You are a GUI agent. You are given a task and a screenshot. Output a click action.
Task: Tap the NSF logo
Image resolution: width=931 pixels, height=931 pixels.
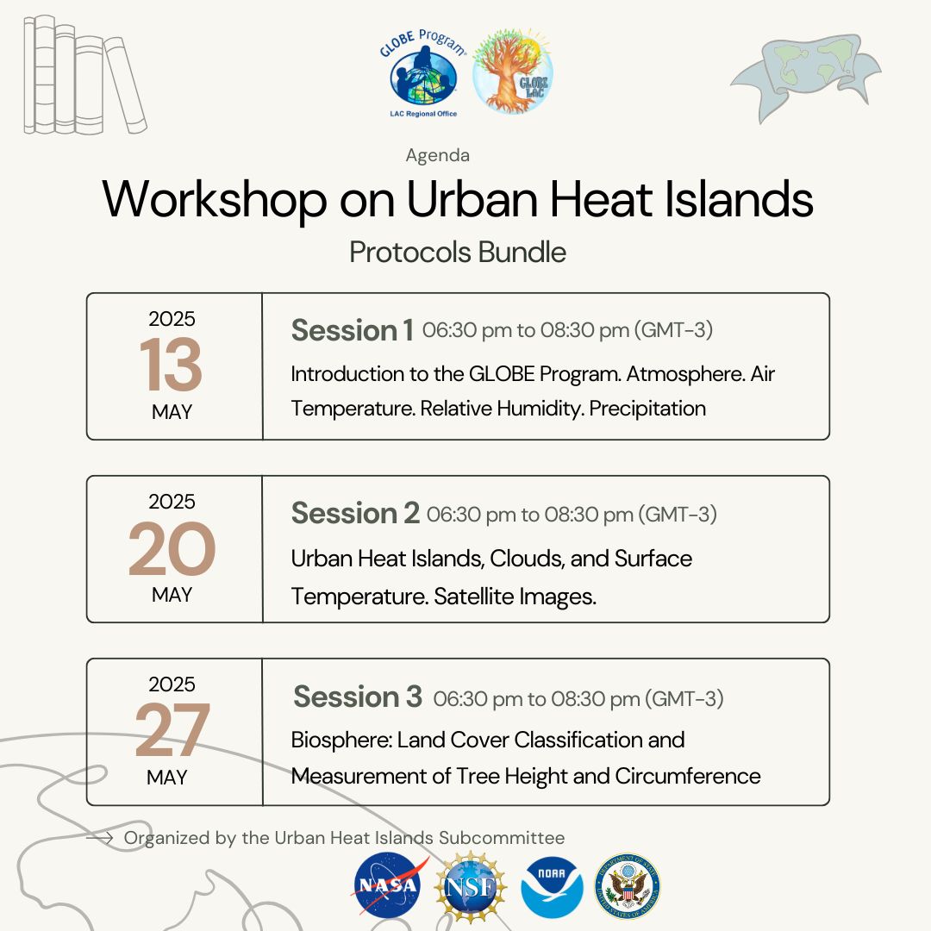pos(471,886)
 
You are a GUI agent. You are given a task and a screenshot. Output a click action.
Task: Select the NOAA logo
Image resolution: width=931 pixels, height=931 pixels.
pos(552,887)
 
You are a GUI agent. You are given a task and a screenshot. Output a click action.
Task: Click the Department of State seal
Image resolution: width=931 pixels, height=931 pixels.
pos(627,886)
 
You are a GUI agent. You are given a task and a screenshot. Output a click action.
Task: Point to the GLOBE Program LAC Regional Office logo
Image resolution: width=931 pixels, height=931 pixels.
pos(422,73)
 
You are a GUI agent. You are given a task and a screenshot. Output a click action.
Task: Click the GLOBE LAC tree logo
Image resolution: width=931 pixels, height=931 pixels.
pos(513,71)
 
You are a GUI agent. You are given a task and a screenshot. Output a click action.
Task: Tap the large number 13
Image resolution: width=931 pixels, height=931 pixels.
pos(171,365)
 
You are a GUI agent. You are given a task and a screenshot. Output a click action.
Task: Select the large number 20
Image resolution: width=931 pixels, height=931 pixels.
pos(172,548)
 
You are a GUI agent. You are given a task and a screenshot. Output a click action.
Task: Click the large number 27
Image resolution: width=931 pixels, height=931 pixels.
pos(172,730)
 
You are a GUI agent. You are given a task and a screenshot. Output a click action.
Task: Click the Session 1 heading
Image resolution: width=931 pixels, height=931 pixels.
pos(352,330)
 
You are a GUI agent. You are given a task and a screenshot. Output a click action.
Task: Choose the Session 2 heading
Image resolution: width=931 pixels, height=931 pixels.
pos(355,513)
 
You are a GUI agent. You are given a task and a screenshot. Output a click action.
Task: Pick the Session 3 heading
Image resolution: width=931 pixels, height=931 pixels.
pos(358,697)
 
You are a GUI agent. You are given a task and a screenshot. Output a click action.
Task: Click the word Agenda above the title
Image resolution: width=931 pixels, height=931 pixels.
pos(438,155)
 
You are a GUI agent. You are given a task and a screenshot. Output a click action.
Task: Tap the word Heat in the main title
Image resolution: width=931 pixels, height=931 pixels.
pos(601,199)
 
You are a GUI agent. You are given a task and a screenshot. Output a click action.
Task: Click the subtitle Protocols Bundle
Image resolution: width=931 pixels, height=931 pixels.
pos(457,253)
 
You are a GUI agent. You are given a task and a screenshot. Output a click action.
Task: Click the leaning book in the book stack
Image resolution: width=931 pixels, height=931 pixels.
pos(125,84)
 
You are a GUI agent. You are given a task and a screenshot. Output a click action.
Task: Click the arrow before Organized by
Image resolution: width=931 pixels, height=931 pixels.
pos(100,838)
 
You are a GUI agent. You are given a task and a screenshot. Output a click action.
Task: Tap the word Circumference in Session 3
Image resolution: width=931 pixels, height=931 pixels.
pos(688,776)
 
